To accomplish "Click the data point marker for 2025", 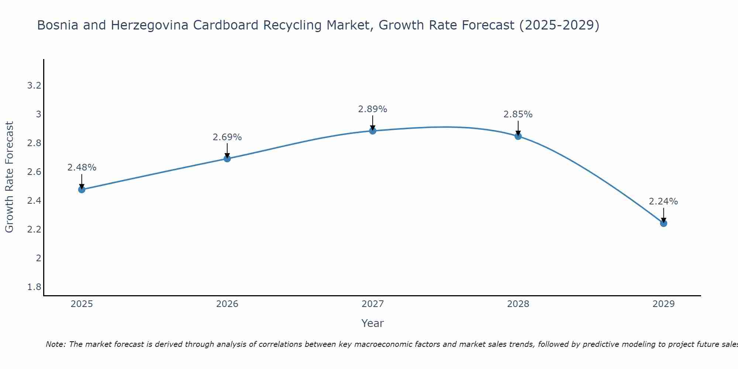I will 82,190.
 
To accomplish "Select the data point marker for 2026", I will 227,159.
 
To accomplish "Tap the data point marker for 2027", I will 373,131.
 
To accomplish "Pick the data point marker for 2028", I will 518,136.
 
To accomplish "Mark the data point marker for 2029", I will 663,223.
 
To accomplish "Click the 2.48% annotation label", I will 82,168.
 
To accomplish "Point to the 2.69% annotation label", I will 227,137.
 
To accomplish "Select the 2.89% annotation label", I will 373,109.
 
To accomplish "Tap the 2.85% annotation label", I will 518,114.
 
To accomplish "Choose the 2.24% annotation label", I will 663,201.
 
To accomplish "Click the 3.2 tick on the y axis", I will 34,86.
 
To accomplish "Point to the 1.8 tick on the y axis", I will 34,287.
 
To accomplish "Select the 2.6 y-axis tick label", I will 34,172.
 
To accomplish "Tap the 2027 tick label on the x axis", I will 373,304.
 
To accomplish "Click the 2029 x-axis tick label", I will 663,304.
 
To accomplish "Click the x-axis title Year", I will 373,323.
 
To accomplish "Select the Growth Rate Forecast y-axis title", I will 10,177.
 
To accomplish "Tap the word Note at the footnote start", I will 56,344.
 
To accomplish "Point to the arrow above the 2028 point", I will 518,127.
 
